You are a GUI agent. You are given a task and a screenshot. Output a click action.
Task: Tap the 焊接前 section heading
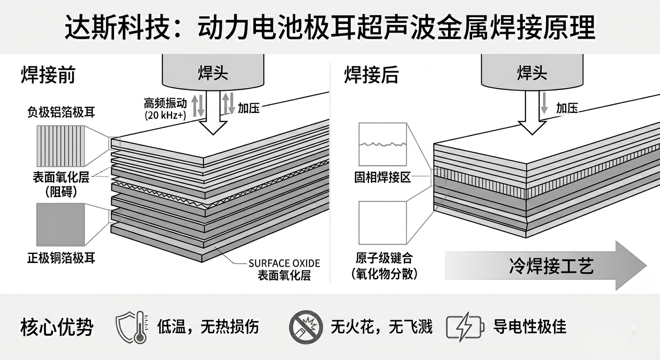coord(48,75)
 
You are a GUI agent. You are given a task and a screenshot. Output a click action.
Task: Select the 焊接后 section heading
coord(371,75)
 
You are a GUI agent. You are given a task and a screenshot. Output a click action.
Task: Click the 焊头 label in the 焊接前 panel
coord(213,73)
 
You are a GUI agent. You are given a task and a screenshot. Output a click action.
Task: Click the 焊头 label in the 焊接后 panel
coord(532,73)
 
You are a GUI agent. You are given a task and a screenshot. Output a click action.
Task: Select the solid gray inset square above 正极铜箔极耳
coord(60,224)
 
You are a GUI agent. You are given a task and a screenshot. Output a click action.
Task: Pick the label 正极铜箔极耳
coord(61,258)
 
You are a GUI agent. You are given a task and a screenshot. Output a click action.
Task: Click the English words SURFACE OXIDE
coord(284,263)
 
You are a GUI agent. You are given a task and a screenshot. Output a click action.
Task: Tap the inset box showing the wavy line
coord(382,144)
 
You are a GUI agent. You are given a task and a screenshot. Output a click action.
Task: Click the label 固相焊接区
coord(382,178)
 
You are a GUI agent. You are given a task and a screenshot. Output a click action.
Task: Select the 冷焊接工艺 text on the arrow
coord(552,266)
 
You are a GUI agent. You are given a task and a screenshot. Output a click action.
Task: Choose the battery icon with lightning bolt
coord(464,327)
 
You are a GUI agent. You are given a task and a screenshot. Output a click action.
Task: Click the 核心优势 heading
coord(57,327)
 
